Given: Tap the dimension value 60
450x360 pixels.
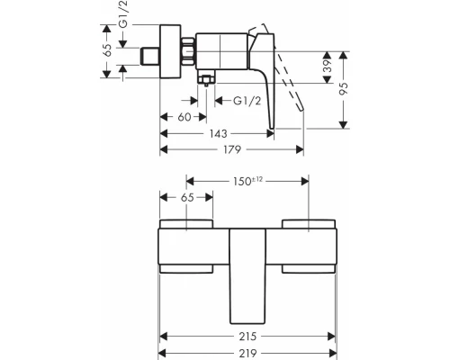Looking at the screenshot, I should click(184, 117).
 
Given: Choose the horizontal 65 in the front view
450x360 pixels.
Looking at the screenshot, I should click(187, 195).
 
